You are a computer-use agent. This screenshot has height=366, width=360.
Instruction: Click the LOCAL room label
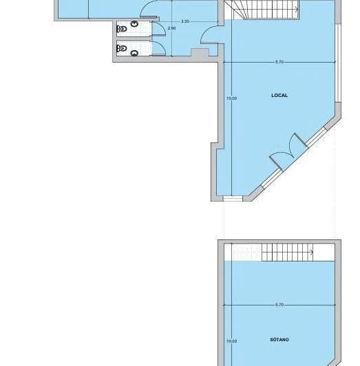[x=279, y=96]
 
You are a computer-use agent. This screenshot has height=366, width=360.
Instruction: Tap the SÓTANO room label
[x=279, y=340]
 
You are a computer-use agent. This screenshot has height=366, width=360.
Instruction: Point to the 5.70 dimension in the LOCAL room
[x=279, y=63]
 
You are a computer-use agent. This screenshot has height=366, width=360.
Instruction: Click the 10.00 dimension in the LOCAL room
[x=231, y=98]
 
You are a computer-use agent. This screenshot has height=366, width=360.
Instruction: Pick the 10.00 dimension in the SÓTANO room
[x=231, y=341]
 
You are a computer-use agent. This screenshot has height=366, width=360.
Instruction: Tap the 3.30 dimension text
[x=185, y=22]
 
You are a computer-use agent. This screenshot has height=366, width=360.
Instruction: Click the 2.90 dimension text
[x=171, y=29]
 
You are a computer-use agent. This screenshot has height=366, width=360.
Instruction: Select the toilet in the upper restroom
[x=123, y=29]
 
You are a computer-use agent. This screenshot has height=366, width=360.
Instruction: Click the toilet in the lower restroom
[x=123, y=50]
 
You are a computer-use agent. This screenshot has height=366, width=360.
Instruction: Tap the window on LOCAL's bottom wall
[x=233, y=198]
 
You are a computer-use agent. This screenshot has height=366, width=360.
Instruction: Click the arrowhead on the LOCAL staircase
[x=296, y=10]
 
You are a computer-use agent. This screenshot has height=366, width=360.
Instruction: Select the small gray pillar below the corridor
[x=198, y=54]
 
